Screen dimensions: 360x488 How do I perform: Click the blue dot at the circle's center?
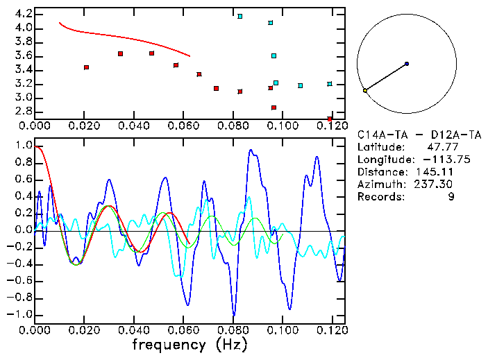(x=407, y=64)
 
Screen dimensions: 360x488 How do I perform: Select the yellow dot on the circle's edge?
(x=364, y=90)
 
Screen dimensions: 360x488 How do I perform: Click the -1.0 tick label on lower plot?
(x=19, y=315)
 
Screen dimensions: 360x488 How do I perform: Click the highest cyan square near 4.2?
(x=239, y=16)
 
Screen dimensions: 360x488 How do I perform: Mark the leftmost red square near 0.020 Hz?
(x=86, y=67)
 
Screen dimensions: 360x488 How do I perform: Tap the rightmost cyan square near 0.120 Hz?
(x=330, y=84)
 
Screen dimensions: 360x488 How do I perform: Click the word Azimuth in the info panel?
(x=379, y=184)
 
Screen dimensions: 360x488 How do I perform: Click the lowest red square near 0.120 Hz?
(x=330, y=119)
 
